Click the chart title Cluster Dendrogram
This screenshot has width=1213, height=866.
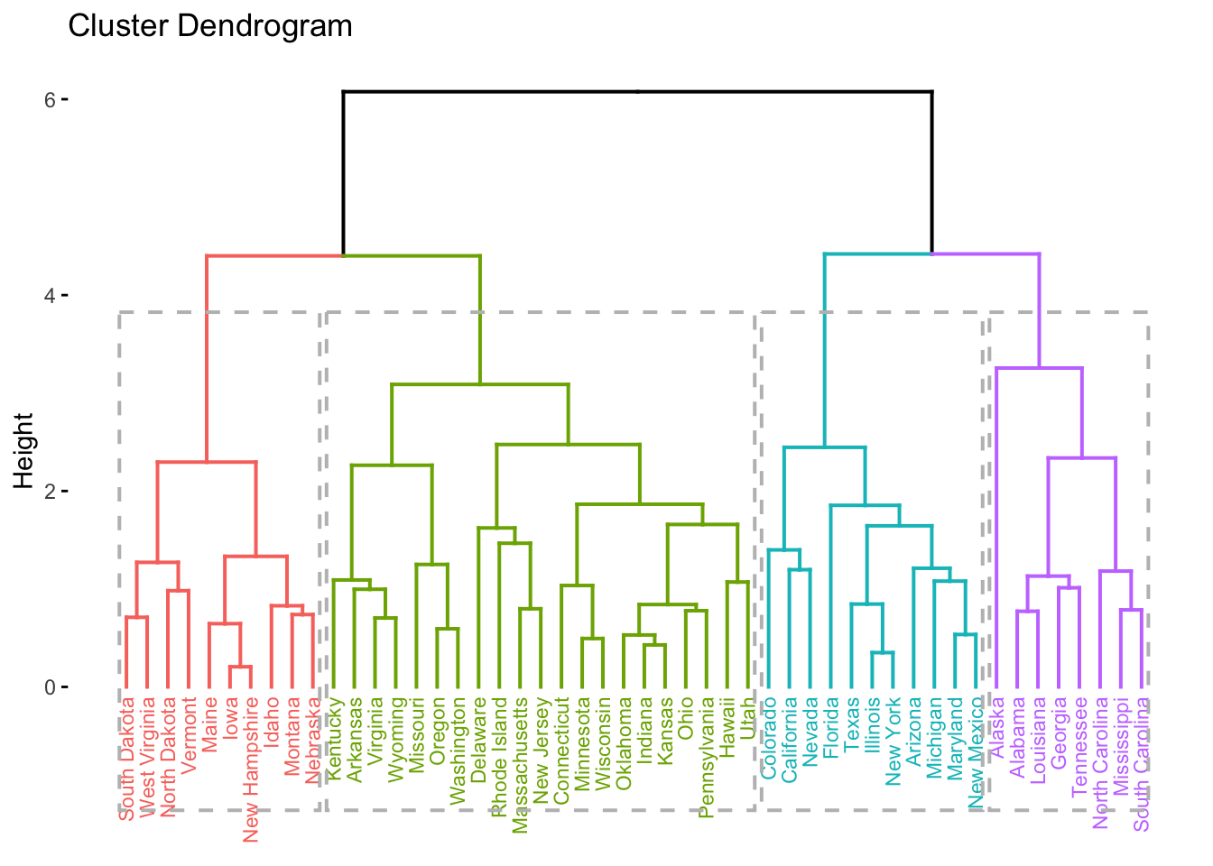209,26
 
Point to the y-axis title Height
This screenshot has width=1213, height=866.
24,451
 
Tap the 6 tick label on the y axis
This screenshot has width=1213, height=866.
51,99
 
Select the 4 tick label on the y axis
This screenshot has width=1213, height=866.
51,295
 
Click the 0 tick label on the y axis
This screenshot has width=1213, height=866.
51,687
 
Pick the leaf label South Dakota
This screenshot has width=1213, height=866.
127,759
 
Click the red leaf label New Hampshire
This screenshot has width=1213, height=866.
251,769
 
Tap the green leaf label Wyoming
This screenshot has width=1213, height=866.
396,739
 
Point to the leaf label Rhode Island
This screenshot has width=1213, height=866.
499,757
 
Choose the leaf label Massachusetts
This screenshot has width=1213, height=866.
520,764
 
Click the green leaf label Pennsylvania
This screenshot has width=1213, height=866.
707,757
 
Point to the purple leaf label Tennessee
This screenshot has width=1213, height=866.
1080,747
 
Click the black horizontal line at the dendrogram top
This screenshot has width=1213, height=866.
637,91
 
